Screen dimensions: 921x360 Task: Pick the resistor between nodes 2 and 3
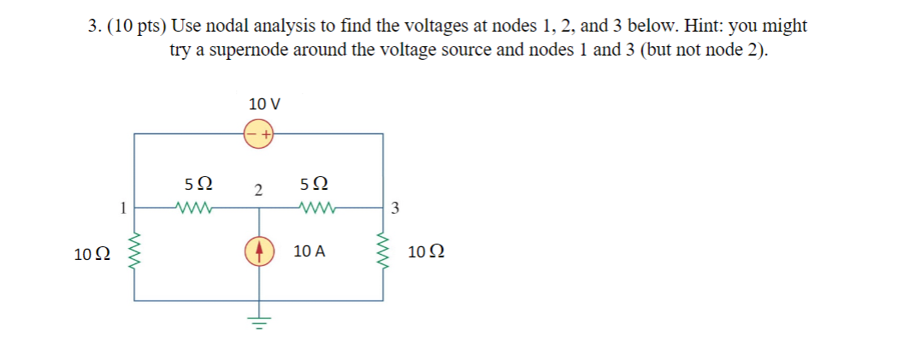pos(318,206)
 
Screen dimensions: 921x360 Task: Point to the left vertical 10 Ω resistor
pos(133,252)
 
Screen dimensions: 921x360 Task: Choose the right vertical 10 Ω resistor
pos(381,252)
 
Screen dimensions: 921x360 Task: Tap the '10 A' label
pos(307,252)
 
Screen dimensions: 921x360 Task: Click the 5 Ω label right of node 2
pos(315,184)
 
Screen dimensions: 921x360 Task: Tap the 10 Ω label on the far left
pos(92,254)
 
